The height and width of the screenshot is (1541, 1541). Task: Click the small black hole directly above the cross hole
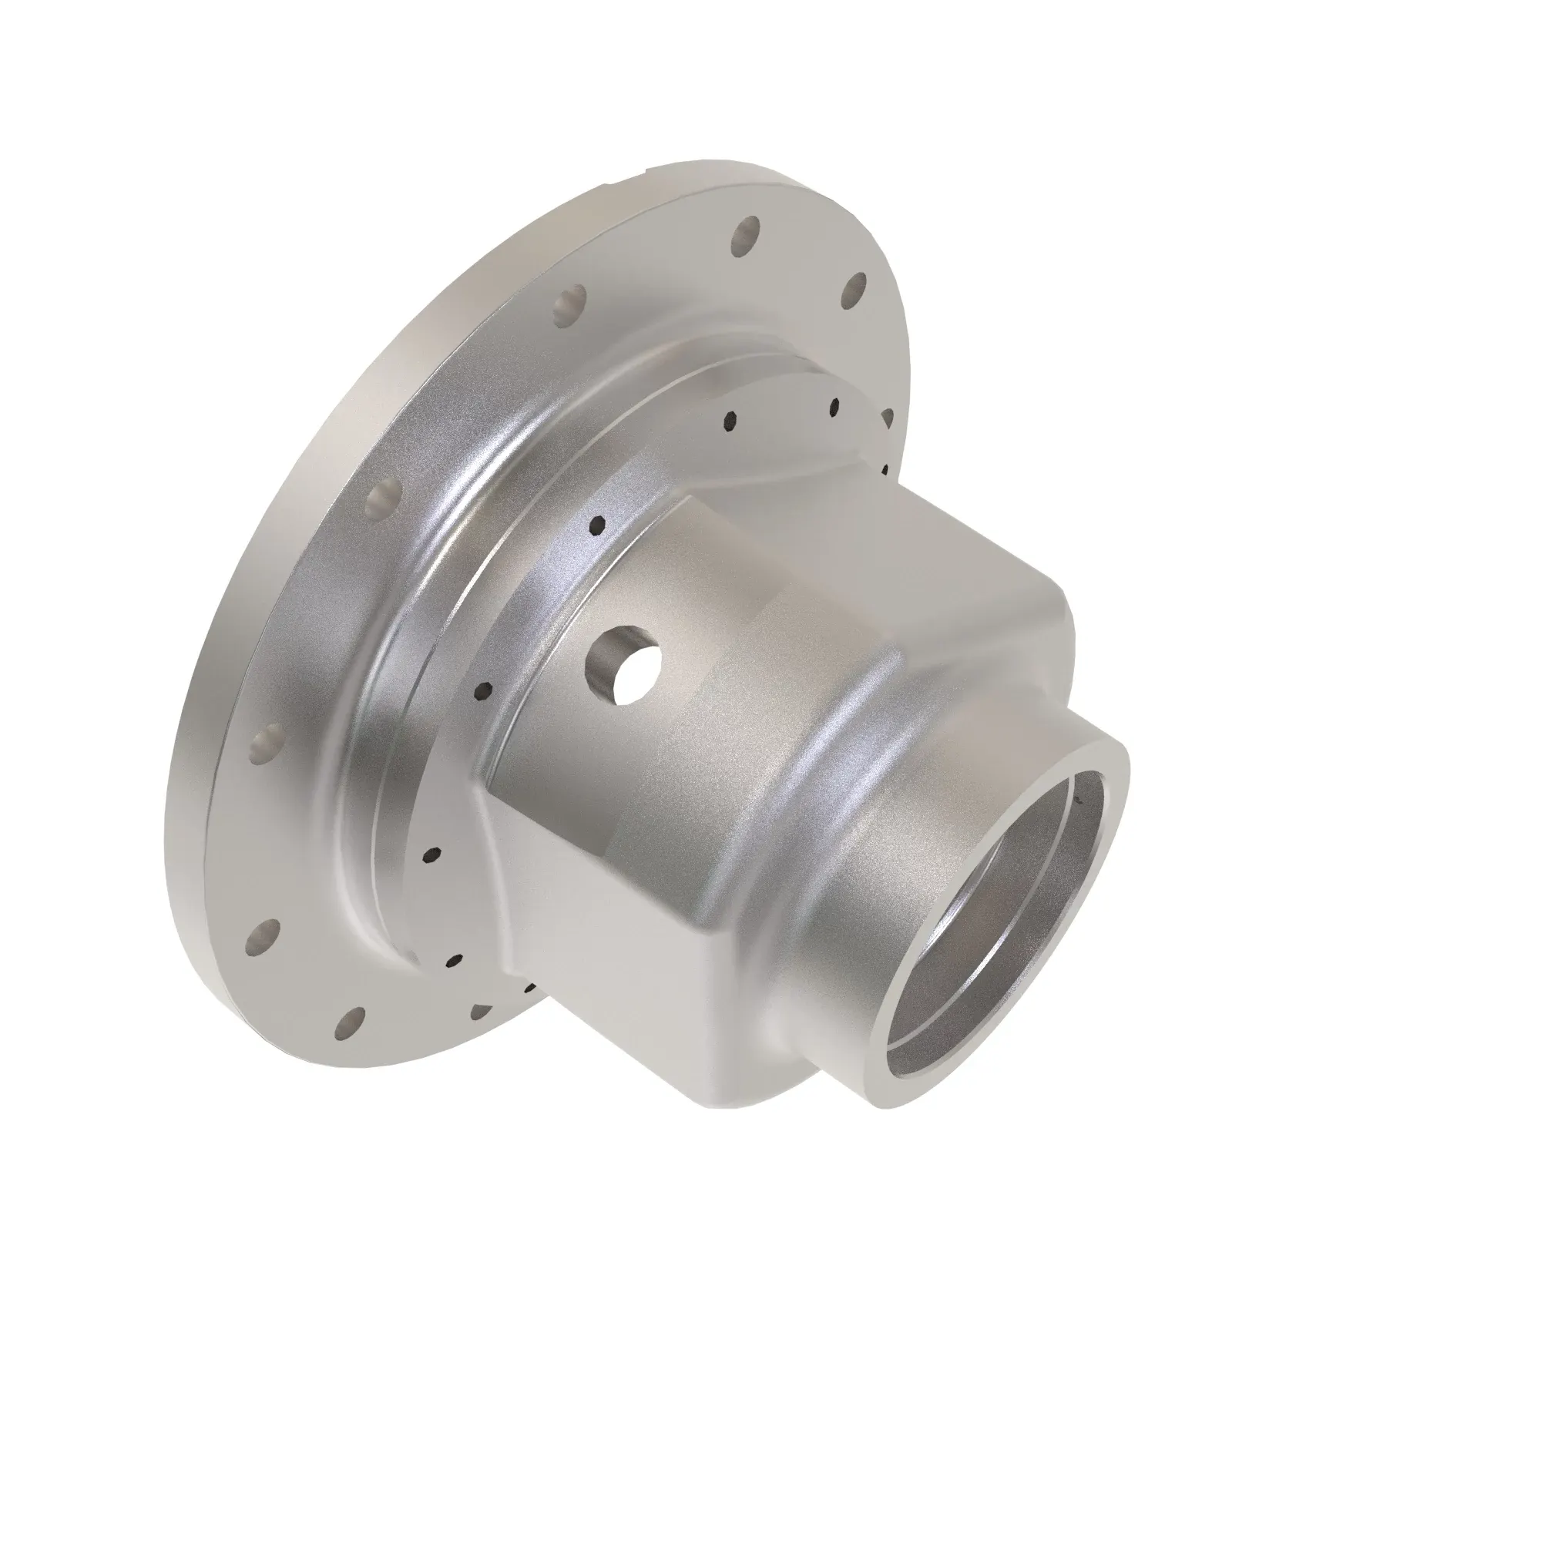tap(597, 524)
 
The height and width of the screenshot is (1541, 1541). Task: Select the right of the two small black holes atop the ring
tap(834, 407)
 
